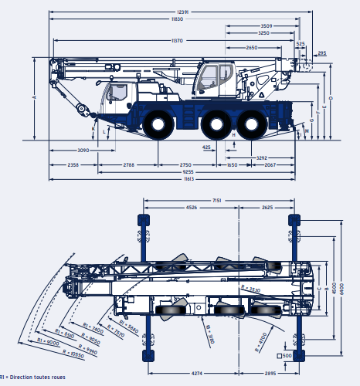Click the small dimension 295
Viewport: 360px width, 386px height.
pos(321,53)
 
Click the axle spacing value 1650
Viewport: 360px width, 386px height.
pos(233,164)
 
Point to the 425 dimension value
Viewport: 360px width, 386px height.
pos(206,146)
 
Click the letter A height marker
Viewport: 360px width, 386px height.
pos(34,99)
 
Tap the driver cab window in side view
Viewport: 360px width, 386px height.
pos(118,93)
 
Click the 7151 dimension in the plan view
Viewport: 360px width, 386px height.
pos(218,200)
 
